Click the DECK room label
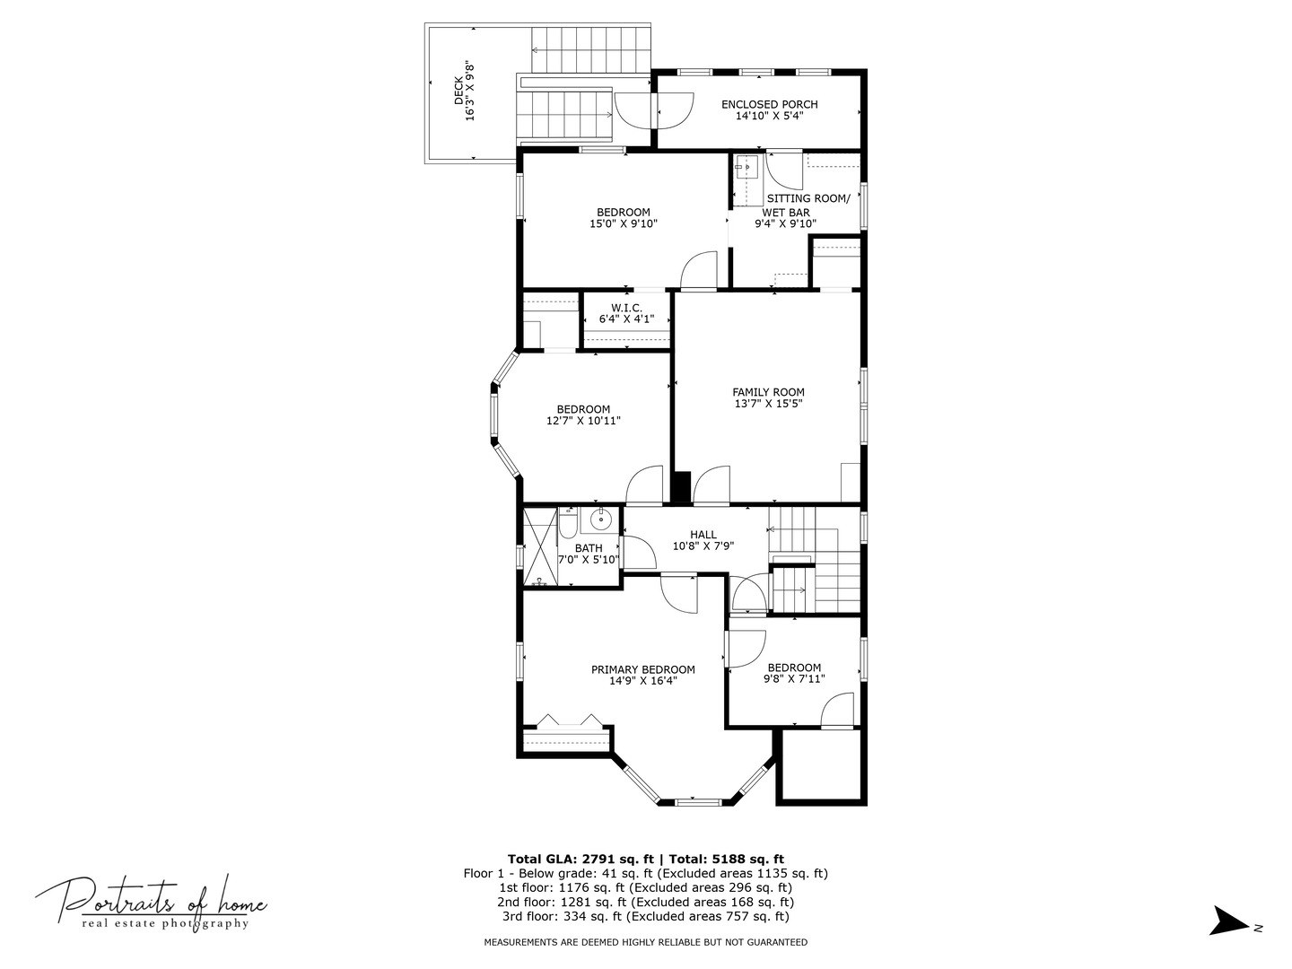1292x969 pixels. point(458,91)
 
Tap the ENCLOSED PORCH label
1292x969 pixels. point(769,104)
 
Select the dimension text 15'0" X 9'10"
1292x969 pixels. point(624,224)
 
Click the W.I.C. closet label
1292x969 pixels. point(626,308)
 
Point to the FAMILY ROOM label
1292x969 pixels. point(768,392)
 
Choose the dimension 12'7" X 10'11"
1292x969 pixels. point(583,421)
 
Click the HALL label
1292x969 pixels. point(703,535)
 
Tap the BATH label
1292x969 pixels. point(589,548)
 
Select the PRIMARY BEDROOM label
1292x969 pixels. point(642,669)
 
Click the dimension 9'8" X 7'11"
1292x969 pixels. point(794,679)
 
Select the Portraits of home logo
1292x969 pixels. point(151,902)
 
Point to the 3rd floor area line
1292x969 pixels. point(645,917)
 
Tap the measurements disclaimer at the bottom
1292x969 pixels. point(645,942)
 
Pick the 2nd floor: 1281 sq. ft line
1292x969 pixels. point(645,903)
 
